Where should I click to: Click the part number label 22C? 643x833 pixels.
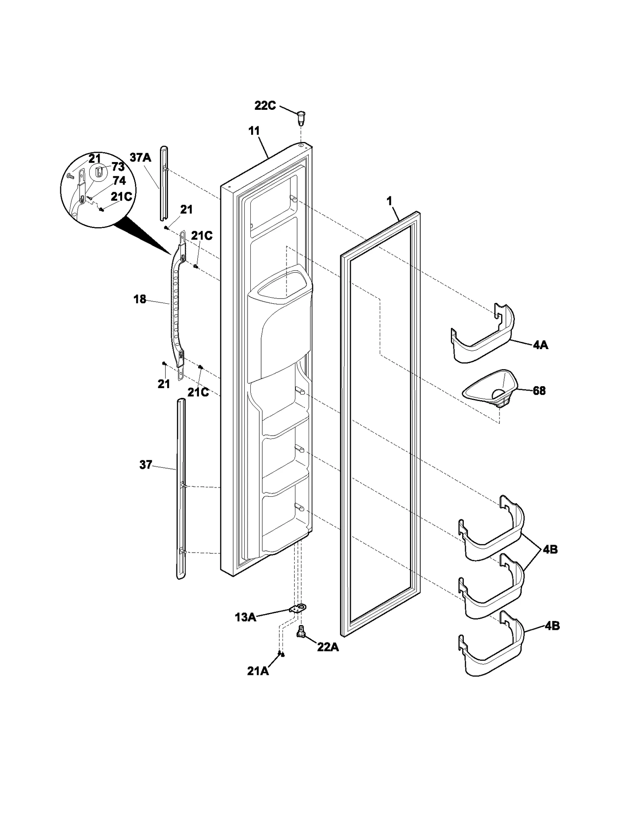click(265, 106)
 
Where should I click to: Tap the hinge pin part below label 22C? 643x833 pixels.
click(300, 117)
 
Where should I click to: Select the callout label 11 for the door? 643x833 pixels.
click(254, 131)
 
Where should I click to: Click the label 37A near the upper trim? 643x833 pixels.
click(140, 157)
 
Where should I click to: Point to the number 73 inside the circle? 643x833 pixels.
click(118, 167)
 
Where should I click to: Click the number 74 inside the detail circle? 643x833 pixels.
click(119, 181)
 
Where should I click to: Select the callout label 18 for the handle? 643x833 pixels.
click(139, 299)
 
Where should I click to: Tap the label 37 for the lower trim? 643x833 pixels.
click(145, 465)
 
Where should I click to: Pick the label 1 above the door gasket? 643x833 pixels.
click(389, 201)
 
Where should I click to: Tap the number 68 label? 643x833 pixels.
click(539, 391)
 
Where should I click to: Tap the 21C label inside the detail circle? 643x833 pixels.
click(121, 197)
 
